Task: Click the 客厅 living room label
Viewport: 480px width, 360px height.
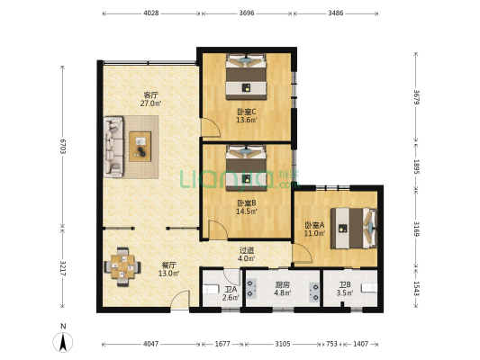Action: tap(151, 94)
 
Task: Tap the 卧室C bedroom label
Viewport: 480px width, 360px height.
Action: tap(246, 112)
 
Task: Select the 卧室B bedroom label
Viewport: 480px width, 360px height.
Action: tap(246, 203)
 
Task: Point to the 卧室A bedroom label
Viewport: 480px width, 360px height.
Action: tap(314, 224)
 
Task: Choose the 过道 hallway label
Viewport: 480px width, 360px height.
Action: tap(246, 250)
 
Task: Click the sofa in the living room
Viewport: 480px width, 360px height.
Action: tap(113, 146)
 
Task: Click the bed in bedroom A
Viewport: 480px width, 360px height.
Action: tap(351, 227)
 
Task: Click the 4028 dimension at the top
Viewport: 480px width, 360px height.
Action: tap(151, 13)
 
